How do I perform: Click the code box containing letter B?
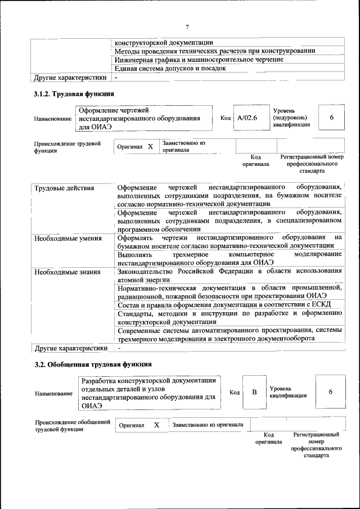point(254,391)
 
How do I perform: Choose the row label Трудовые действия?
point(64,188)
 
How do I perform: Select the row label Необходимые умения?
point(67,238)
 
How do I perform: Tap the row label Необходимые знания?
point(67,272)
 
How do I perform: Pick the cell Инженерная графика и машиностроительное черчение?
point(199,60)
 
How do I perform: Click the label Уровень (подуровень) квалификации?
point(291,118)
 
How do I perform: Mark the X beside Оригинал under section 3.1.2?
point(150,147)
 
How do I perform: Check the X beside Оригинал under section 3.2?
point(157,425)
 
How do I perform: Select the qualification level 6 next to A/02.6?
point(331,118)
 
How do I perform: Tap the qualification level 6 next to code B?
point(330,391)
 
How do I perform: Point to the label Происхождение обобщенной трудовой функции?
point(72,425)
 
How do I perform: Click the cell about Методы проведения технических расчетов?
point(214,51)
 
